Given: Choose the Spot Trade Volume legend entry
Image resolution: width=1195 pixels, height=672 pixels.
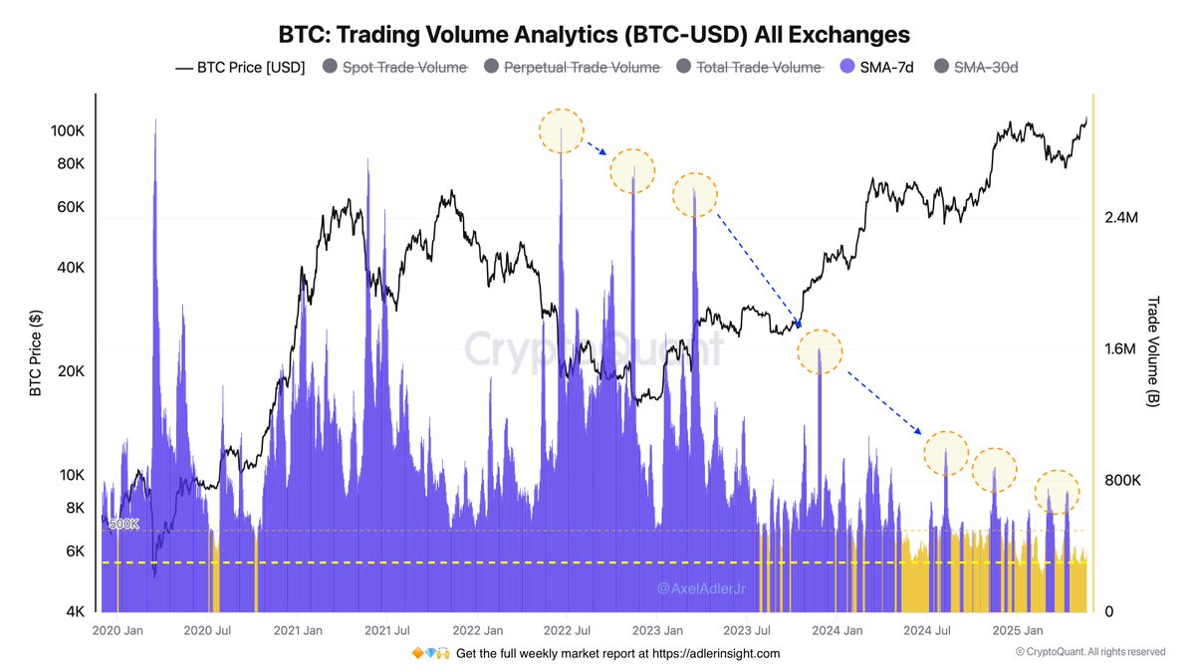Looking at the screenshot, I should coord(404,67).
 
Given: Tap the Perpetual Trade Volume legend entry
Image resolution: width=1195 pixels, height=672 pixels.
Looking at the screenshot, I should coord(582,67).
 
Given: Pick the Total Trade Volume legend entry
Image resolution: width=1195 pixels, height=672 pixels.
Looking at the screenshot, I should coord(759,67).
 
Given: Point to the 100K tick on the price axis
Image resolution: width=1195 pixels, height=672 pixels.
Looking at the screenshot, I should coord(67,131).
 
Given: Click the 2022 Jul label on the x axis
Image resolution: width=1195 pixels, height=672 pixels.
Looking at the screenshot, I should coord(565,631).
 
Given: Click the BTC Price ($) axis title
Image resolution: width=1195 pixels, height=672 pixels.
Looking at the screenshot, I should coord(36,353).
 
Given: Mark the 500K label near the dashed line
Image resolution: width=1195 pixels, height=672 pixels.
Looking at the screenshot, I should coord(123,524).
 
